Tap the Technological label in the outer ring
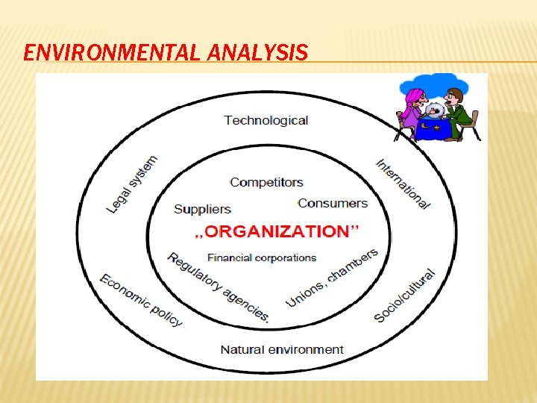point(266,120)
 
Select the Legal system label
point(133,184)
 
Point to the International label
point(403,184)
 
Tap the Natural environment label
point(282,349)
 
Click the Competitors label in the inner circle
point(266,182)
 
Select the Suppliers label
point(202,209)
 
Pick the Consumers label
point(333,203)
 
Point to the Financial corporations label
point(262,258)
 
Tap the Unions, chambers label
point(332,277)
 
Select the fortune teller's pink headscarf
point(412,99)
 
